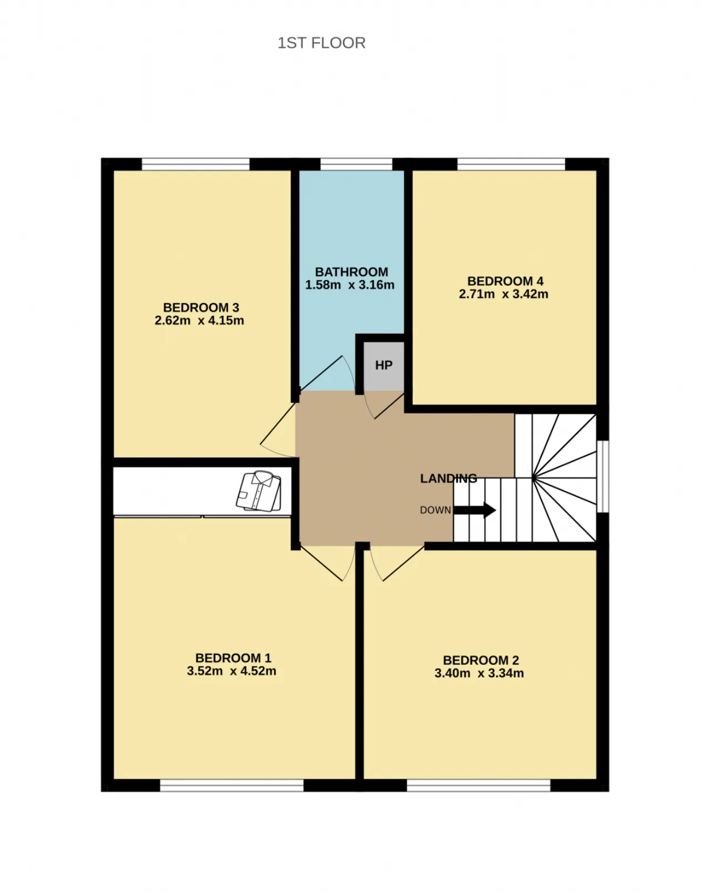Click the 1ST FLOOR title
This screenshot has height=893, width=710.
pos(321,43)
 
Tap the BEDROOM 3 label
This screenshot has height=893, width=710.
pos(201,307)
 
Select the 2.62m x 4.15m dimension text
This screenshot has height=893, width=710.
pos(199,320)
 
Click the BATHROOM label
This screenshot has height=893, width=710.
pos(351,272)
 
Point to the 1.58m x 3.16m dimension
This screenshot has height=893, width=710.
pos(349,285)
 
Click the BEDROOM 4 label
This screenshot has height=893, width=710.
pos(505,281)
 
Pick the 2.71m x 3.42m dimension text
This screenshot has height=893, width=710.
pos(504,294)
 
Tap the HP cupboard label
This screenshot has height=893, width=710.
pos(384,365)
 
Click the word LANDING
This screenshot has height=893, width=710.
pos(449,478)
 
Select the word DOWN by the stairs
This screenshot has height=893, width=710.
pos(435,510)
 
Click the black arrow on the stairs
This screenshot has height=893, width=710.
pos(475,510)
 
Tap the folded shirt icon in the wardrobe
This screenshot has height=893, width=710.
pos(259,491)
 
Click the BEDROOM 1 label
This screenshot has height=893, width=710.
pos(233,658)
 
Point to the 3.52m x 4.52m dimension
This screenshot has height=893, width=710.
pos(231,670)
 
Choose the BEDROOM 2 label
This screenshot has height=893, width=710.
pos(481,660)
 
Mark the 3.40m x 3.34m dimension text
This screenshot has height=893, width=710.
pos(479,673)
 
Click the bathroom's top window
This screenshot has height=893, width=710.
pos(356,164)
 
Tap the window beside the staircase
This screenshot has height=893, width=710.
pos(602,476)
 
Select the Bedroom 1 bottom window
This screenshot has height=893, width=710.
pos(232,785)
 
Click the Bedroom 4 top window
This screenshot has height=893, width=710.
pos(511,164)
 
